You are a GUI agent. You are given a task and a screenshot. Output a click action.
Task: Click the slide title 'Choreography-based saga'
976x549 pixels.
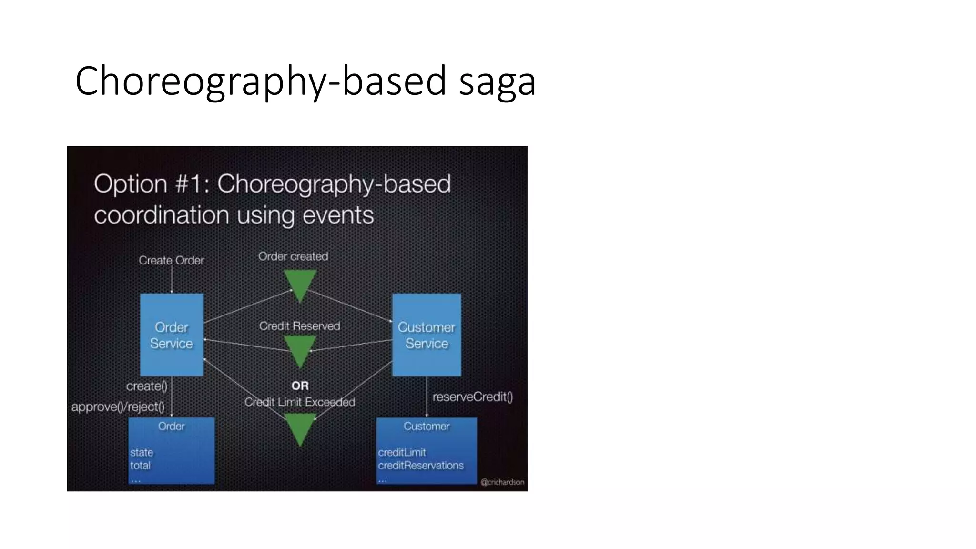(x=305, y=81)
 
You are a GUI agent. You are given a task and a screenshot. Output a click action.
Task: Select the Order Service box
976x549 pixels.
(x=172, y=335)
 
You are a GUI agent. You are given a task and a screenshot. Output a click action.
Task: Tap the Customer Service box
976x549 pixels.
(x=427, y=335)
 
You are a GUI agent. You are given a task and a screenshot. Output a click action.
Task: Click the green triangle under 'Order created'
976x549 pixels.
(x=300, y=284)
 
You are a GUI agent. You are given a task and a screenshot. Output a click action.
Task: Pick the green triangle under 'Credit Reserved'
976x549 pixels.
(x=300, y=350)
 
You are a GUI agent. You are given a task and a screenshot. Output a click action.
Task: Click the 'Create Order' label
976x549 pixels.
(x=171, y=260)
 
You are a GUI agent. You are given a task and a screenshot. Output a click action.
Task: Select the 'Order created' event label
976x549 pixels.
(x=293, y=256)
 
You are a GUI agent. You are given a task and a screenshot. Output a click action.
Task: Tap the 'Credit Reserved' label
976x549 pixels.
(x=299, y=326)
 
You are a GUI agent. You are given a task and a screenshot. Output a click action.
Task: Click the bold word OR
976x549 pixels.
(x=300, y=386)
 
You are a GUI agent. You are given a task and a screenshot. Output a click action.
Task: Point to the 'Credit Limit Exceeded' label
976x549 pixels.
(x=299, y=402)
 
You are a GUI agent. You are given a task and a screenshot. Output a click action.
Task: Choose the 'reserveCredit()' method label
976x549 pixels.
(x=472, y=397)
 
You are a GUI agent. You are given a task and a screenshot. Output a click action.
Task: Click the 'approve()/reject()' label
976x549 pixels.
(x=118, y=407)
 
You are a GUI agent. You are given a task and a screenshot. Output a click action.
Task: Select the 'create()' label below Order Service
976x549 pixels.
(x=147, y=386)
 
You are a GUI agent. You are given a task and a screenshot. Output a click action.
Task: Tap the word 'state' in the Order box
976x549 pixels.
(x=142, y=452)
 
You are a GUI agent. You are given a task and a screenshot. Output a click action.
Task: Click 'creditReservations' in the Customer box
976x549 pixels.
(x=420, y=466)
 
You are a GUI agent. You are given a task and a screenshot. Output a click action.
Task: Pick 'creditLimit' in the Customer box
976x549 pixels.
(x=402, y=452)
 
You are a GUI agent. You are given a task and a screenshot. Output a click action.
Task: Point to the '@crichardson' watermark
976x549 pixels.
(x=502, y=482)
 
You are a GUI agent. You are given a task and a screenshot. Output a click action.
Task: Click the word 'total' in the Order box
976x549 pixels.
(x=140, y=466)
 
